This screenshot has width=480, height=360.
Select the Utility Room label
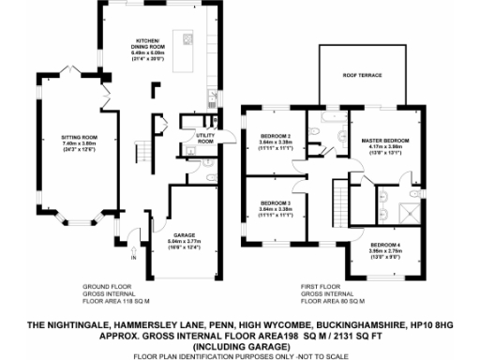205,139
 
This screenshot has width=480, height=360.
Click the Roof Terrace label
362,75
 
